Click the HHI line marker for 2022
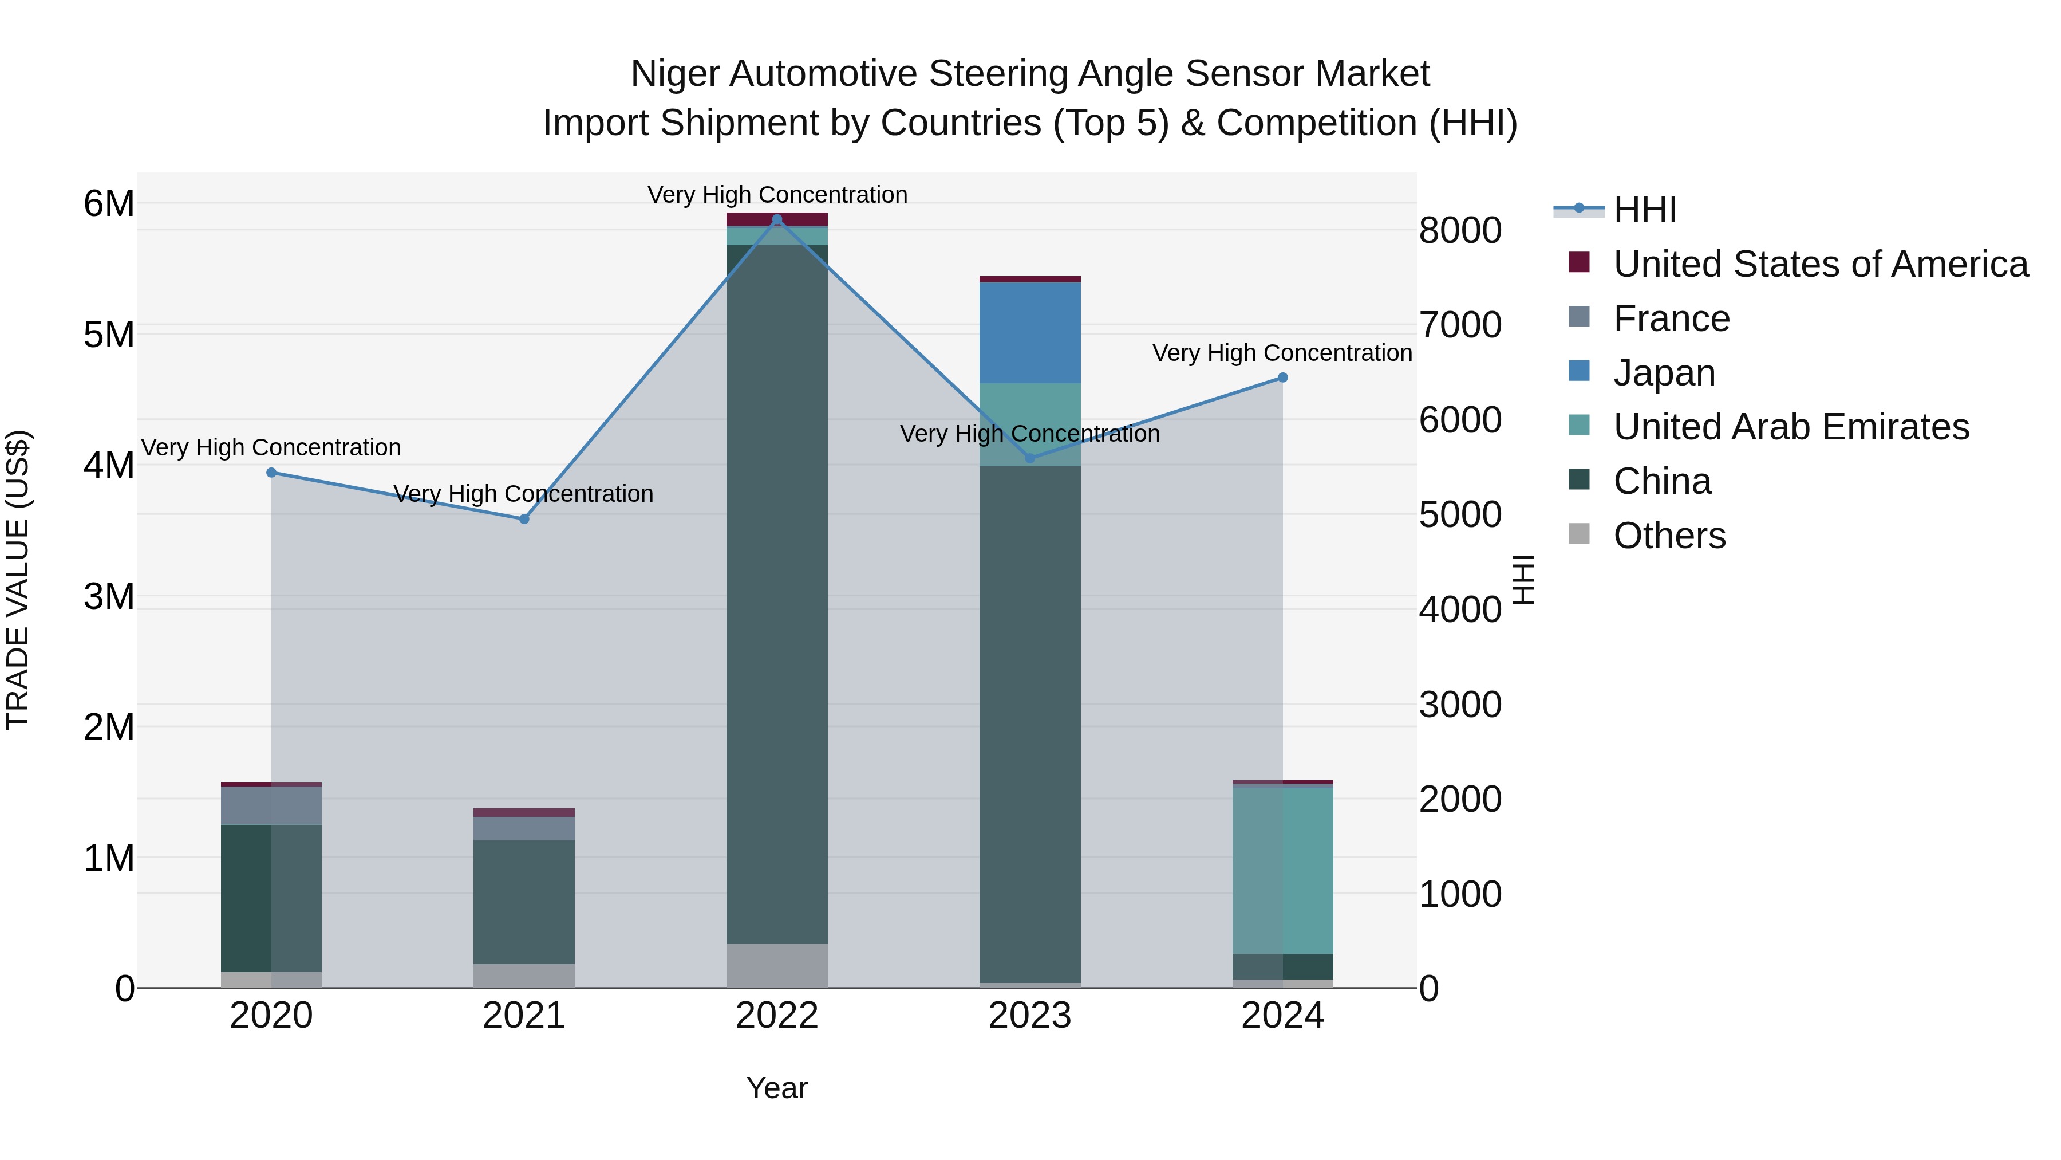777,219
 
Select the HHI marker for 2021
524,519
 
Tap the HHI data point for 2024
1282,377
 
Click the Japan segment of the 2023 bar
1030,332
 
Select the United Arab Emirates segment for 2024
1282,871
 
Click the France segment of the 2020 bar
271,805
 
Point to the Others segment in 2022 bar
777,965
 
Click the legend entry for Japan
1664,373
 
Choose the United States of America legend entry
1820,264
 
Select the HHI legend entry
1645,210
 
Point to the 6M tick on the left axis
109,203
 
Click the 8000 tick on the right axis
1460,230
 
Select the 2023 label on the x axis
1030,1016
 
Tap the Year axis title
777,1088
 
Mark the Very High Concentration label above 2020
271,447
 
